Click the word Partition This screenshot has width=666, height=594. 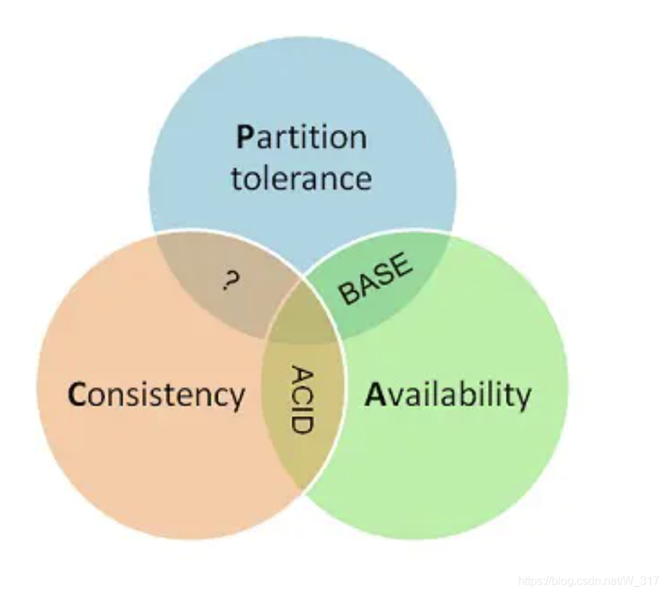301,137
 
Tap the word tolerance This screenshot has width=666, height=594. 301,178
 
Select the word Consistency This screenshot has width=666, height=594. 156,396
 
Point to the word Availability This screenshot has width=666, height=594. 448,395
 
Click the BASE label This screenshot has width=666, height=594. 376,279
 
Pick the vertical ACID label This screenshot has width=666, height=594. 303,400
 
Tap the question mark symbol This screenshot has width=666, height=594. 230,280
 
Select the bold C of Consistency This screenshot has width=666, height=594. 77,396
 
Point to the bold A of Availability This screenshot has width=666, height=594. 374,394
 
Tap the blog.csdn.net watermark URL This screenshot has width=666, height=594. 588,581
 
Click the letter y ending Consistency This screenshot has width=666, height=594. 237,399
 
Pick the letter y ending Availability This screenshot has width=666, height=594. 524,398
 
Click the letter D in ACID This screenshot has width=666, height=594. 303,422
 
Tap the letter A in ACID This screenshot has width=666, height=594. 303,376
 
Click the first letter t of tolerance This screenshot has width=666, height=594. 236,178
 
